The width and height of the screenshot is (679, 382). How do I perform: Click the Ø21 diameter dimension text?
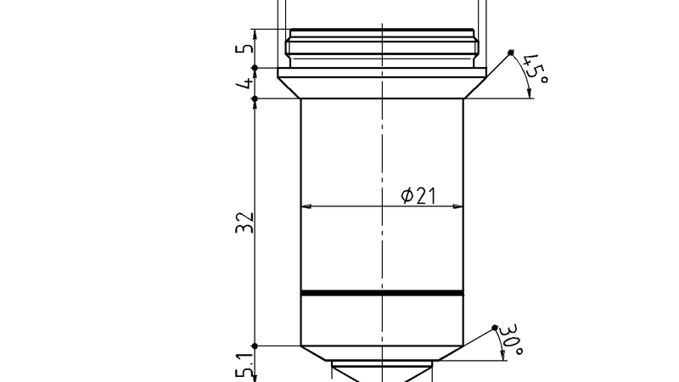(x=418, y=195)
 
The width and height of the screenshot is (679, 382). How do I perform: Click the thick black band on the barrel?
(x=382, y=294)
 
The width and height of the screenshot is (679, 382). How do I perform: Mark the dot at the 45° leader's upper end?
(x=512, y=53)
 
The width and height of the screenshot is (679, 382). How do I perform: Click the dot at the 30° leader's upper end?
(x=496, y=327)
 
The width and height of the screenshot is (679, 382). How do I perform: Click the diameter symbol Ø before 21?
(x=407, y=196)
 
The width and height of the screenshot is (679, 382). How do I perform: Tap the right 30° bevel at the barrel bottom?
(x=449, y=353)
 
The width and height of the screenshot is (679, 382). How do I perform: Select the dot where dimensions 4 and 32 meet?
(x=255, y=98)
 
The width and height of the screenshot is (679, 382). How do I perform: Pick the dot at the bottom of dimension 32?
(x=255, y=345)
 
